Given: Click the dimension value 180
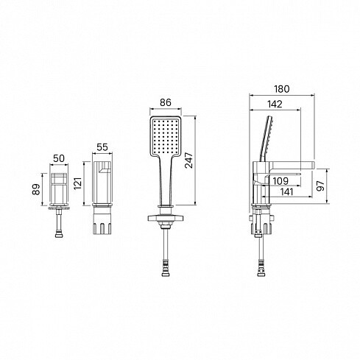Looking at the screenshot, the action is point(282,89).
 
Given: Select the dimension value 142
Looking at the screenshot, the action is point(275,105).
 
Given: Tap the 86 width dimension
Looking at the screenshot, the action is point(166,102).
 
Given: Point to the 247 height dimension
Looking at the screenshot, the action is point(189,160).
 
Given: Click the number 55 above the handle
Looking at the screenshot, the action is point(102,147).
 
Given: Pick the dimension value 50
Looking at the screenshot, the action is point(59,158).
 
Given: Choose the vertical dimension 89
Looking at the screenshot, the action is point(36,189).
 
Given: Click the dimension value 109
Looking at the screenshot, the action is point(280,181).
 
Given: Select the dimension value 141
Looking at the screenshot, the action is point(286,191).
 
